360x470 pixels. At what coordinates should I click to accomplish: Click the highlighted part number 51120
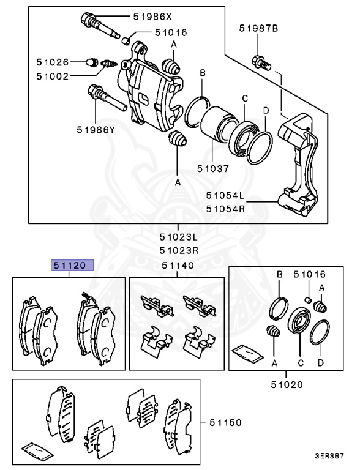click(72, 266)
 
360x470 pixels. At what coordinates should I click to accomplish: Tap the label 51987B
click(258, 28)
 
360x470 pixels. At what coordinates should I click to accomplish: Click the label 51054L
click(225, 196)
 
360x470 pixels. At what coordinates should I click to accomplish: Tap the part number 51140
click(178, 266)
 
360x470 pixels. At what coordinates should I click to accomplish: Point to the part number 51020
click(286, 385)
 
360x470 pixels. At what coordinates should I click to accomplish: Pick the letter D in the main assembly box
click(266, 110)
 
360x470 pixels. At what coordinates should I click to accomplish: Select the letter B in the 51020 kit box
click(279, 275)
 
